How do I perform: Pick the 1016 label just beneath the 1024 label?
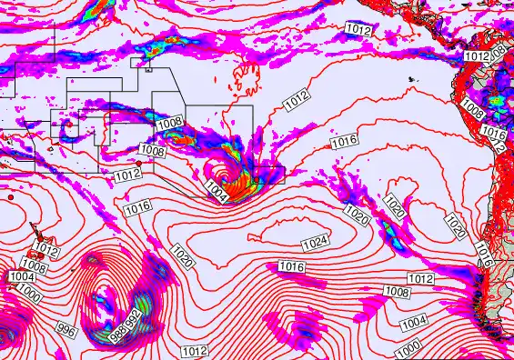[291, 267]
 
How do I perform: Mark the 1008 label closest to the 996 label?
[34, 266]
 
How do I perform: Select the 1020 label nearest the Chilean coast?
[456, 226]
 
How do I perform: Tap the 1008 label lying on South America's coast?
[472, 110]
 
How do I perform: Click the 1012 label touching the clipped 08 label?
[477, 56]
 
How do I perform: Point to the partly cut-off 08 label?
[499, 49]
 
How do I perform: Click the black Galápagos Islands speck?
[410, 79]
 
